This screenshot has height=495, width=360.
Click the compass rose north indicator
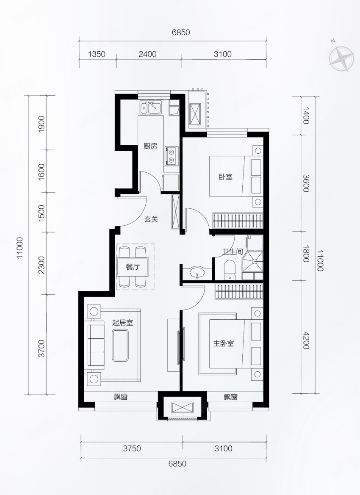(341, 58)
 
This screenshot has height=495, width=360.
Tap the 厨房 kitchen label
(150, 146)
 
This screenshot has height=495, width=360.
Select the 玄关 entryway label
(151, 219)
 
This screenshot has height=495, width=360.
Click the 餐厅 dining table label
(133, 267)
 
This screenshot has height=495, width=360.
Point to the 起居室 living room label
(123, 323)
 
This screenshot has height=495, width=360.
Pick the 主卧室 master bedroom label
(224, 343)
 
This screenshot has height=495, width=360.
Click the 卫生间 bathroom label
(233, 252)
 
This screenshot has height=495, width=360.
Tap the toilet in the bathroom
(229, 270)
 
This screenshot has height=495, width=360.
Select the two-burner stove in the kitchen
(171, 156)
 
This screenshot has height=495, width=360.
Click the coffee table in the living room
(120, 345)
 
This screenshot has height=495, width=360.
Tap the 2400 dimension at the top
(147, 54)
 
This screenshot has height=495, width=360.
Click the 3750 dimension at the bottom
(132, 448)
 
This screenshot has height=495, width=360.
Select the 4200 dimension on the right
(306, 340)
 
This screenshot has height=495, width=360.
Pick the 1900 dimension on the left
(42, 124)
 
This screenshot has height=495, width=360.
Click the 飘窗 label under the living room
(121, 397)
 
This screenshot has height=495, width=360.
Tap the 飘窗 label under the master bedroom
(230, 397)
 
